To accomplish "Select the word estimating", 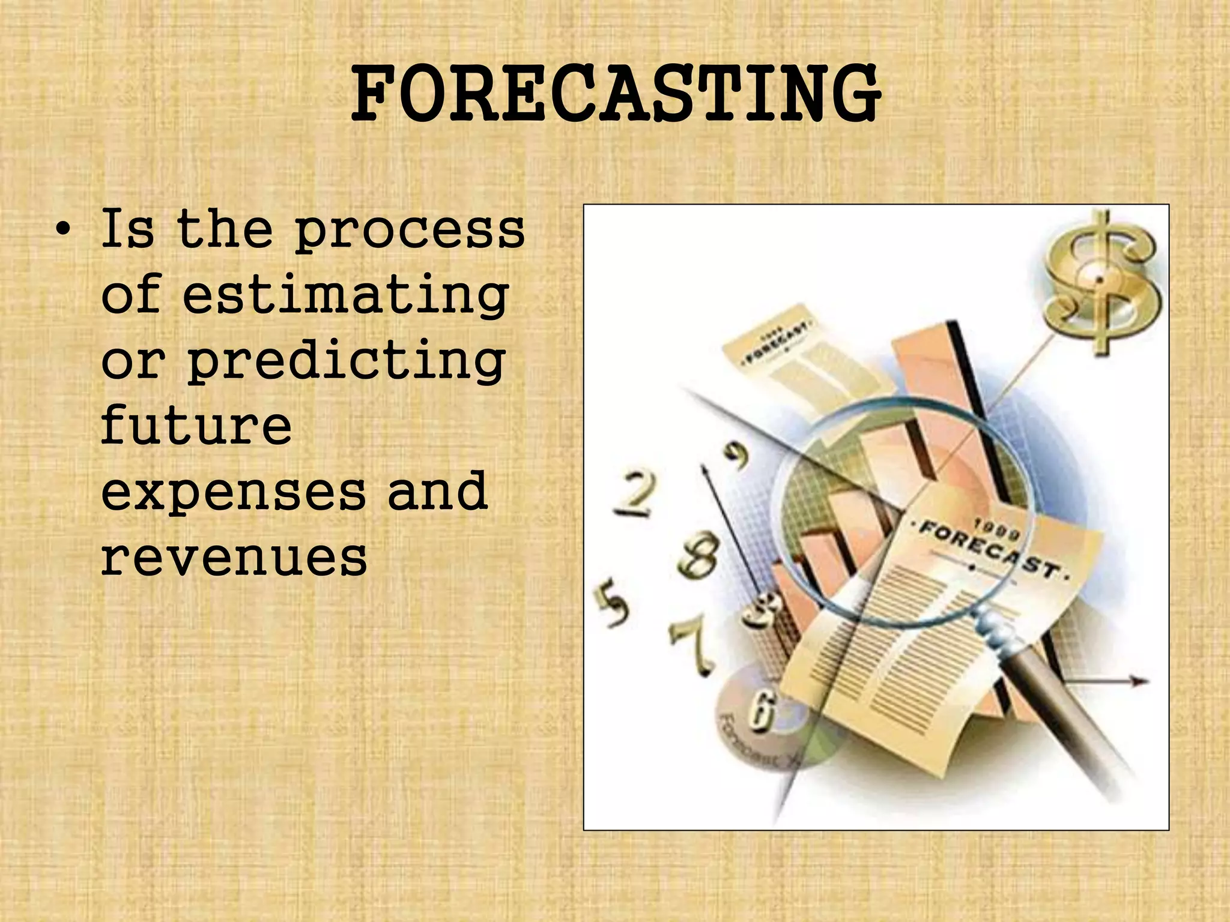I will tap(345, 297).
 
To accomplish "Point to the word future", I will tap(196, 426).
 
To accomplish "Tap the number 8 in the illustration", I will tap(700, 555).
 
